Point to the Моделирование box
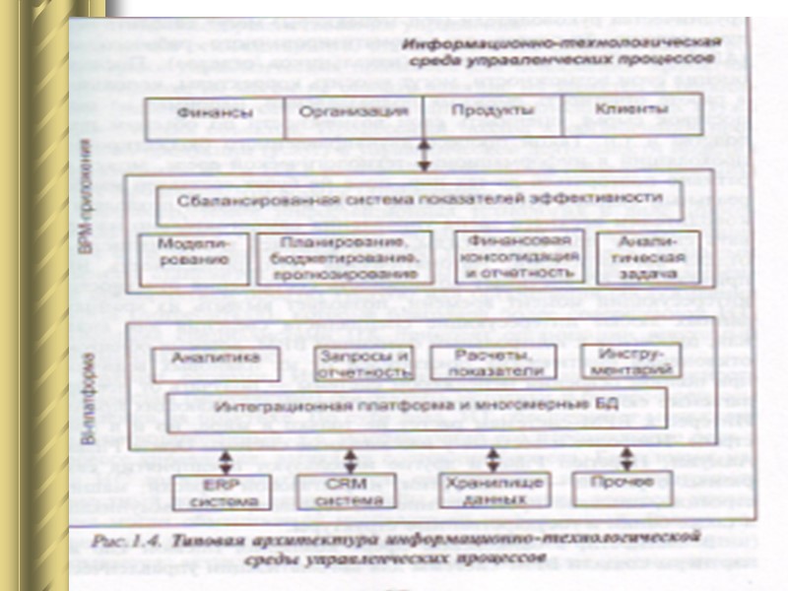[194, 257]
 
